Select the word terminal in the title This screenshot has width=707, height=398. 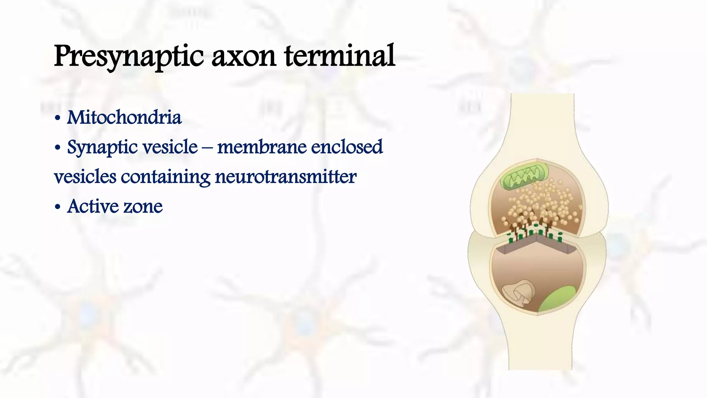(x=340, y=56)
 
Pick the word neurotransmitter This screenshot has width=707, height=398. (x=285, y=177)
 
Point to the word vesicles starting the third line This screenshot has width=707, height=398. (x=85, y=177)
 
